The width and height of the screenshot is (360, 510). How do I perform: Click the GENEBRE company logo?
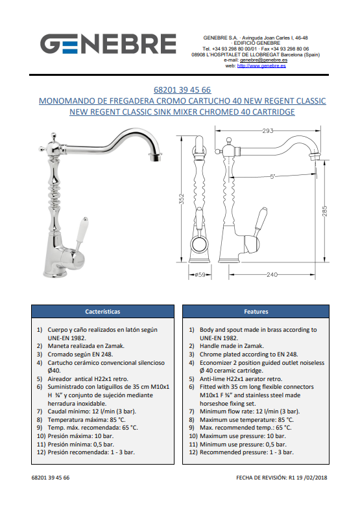[x=108, y=43]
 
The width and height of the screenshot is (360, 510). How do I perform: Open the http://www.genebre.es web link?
[x=261, y=65]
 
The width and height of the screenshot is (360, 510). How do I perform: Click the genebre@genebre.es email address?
[x=263, y=60]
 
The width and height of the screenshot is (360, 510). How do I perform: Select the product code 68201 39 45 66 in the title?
[x=182, y=90]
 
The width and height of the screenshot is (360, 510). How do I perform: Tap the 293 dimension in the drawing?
[x=267, y=130]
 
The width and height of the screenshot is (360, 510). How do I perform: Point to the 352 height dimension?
[x=182, y=199]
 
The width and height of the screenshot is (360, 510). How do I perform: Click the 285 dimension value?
[x=324, y=211]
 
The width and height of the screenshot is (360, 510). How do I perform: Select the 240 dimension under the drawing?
[x=272, y=275]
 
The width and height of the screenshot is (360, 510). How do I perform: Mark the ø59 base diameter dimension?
[x=200, y=275]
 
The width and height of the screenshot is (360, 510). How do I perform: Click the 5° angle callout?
[x=272, y=177]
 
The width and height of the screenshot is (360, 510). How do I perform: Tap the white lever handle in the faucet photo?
[x=80, y=231]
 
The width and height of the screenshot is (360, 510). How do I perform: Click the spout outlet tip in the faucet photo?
[x=156, y=157]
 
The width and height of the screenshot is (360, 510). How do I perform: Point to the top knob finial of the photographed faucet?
[x=53, y=135]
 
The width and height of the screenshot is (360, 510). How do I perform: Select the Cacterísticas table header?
[x=102, y=312]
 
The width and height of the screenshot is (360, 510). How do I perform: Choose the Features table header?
[x=256, y=312]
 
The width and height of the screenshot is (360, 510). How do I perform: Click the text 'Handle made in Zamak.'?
[x=232, y=346]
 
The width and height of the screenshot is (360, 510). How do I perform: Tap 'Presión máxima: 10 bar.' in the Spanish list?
[x=80, y=436]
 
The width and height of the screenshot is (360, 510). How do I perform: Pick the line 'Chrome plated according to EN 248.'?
[x=248, y=354]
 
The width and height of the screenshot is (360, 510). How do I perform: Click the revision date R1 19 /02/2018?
[x=307, y=478]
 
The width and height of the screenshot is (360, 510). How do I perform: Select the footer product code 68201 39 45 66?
[x=51, y=478]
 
